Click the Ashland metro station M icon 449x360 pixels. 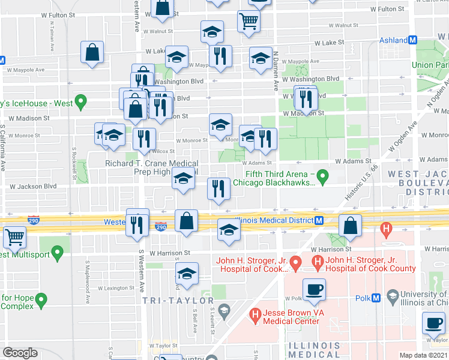(x=412, y=40)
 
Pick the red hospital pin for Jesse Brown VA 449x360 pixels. (x=255, y=314)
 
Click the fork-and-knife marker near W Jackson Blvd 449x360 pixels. (x=218, y=189)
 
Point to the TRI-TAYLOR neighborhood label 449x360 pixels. (x=178, y=300)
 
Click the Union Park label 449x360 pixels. (x=430, y=65)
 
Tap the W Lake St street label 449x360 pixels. (x=330, y=43)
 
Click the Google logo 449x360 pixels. (x=20, y=352)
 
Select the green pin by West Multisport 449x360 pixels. (x=58, y=253)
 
